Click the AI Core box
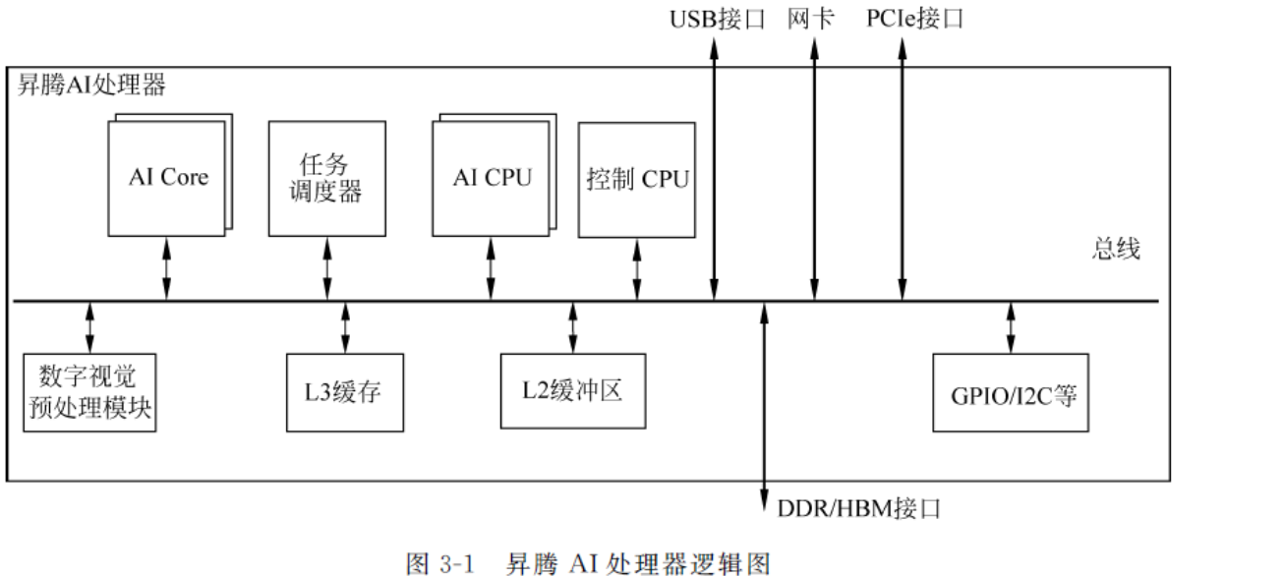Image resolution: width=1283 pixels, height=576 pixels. (x=168, y=178)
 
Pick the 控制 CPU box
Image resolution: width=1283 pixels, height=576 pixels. (x=637, y=180)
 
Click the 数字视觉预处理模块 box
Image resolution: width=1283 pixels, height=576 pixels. (x=89, y=391)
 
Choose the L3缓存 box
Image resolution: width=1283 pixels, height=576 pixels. (x=345, y=391)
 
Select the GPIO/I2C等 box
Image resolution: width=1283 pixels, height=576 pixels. (x=1012, y=391)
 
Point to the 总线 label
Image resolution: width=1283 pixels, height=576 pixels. (x=1116, y=249)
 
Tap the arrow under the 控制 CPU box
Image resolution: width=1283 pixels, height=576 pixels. (x=637, y=269)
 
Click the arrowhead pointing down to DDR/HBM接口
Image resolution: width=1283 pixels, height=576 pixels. (x=764, y=502)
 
